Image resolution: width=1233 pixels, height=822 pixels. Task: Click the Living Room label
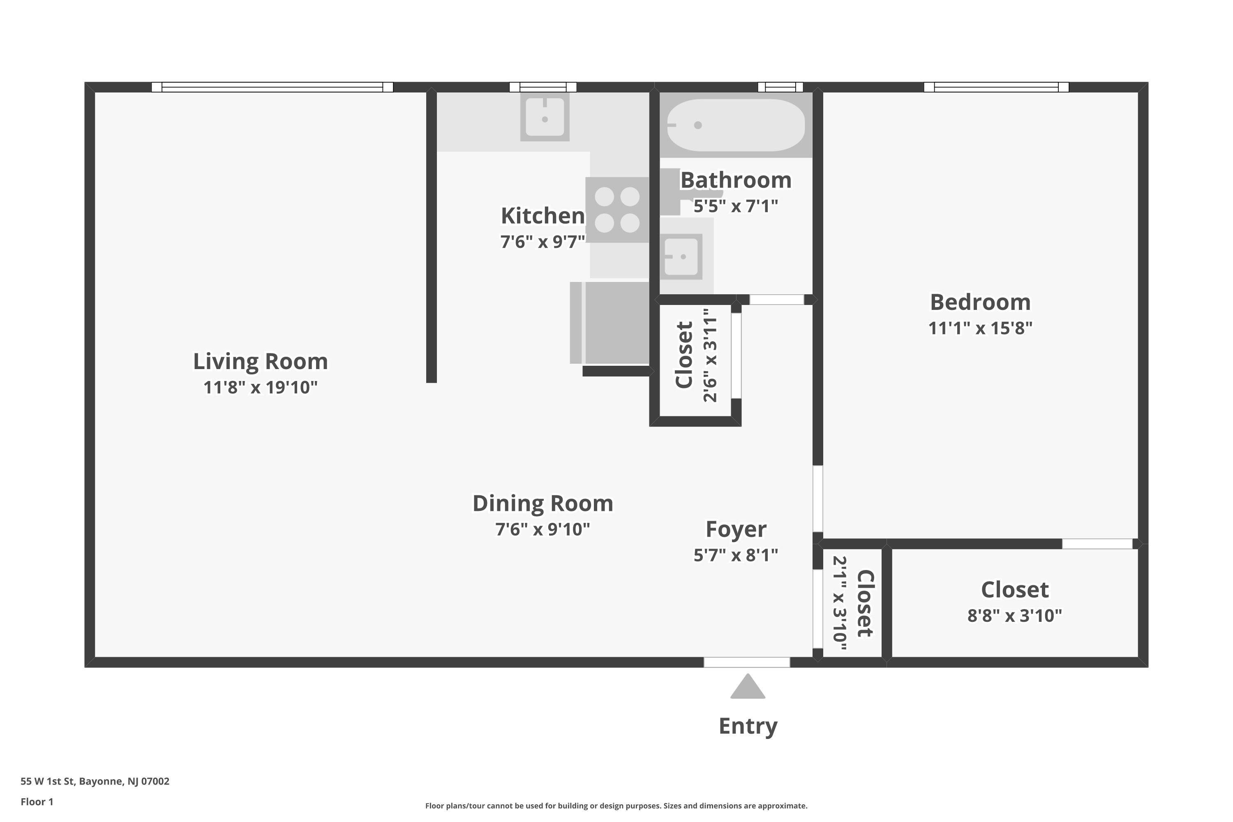[261, 361]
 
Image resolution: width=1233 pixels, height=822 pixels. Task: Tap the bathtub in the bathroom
[736, 125]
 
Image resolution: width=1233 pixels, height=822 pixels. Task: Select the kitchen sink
[545, 117]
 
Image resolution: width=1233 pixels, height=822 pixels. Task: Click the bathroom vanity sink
[681, 256]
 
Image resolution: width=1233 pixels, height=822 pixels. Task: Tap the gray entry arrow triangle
[748, 686]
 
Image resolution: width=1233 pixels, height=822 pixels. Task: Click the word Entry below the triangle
[748, 727]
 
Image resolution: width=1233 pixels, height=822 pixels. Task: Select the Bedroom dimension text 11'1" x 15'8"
[980, 328]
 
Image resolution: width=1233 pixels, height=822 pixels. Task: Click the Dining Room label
[543, 503]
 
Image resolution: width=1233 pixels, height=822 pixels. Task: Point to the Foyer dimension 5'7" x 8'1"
[736, 555]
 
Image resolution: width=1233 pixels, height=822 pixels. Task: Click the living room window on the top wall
[272, 87]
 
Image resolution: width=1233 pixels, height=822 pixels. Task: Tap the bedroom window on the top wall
[996, 87]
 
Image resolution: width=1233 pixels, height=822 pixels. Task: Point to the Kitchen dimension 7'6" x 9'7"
[543, 242]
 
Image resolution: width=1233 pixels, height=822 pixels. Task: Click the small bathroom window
[780, 87]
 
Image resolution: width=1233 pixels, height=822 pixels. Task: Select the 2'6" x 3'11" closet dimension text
[710, 356]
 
